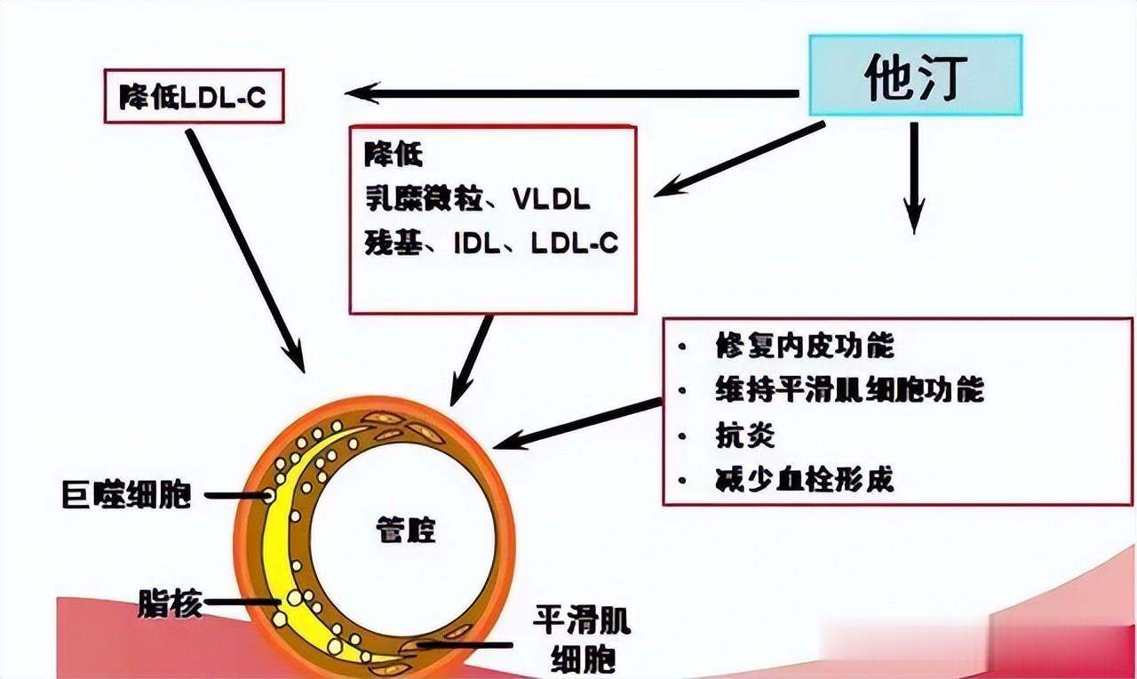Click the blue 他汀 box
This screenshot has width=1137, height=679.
coord(915,78)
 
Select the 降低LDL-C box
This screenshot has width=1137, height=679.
coord(193,96)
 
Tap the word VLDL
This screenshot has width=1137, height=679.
coord(551,199)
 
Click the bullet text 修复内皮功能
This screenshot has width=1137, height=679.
coord(804,346)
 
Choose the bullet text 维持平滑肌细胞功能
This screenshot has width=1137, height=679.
coord(849,390)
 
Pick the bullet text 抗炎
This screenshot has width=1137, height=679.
coord(744,435)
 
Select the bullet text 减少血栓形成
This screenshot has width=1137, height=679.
coord(804,480)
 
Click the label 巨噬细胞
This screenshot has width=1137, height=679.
coord(126,495)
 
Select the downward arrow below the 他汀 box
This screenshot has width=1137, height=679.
coord(913,178)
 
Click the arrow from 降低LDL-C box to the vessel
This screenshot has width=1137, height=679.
coord(245,250)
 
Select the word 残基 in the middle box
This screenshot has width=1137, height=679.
coord(391,244)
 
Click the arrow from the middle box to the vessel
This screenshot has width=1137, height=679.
coord(472,360)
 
